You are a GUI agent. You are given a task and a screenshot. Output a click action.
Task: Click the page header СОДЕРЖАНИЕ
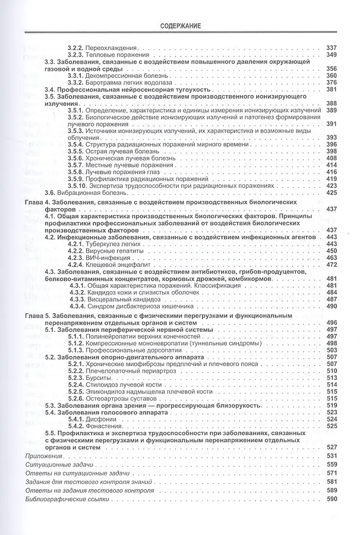click(x=180, y=26)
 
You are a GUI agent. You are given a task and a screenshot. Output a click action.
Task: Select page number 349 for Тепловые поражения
click(x=331, y=55)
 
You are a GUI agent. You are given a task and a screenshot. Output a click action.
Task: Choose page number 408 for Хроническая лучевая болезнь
click(x=331, y=159)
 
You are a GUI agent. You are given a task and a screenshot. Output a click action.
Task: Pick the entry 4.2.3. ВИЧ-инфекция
click(x=102, y=258)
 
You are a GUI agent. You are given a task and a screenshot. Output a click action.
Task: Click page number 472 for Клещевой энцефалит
click(x=331, y=265)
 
